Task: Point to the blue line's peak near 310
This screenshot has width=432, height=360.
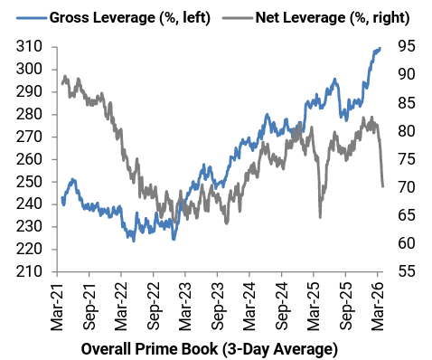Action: [380, 48]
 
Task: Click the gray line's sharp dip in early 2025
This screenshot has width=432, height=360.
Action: [320, 216]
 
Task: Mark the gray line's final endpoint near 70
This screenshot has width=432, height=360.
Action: [383, 186]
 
